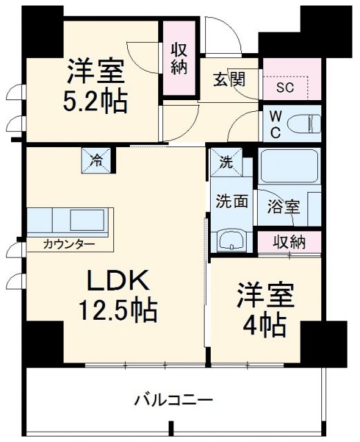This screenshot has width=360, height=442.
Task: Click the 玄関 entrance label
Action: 229,79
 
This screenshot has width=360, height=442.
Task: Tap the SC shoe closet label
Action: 285,88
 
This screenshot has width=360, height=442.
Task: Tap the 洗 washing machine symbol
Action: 226,163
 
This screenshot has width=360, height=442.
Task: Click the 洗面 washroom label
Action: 231,203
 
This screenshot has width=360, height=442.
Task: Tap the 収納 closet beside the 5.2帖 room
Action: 179,58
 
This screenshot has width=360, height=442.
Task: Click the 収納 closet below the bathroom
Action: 289,242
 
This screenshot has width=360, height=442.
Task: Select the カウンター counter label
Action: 68,243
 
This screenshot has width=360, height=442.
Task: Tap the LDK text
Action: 116,282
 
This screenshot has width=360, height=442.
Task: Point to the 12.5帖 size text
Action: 116,310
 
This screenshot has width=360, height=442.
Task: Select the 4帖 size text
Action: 265,325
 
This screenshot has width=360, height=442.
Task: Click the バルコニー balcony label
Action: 173,400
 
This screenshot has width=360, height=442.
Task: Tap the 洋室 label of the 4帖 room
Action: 266,296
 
